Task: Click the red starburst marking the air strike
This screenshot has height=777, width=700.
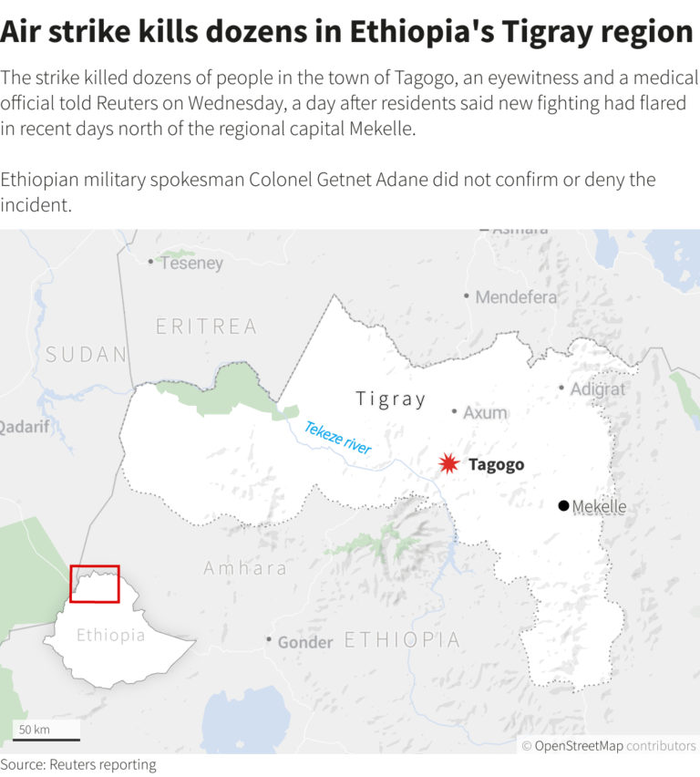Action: [448, 463]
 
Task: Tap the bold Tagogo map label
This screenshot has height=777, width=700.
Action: [496, 465]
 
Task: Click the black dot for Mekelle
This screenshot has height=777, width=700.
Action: [563, 506]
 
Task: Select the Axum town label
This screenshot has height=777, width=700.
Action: [484, 412]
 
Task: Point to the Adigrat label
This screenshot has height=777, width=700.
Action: [598, 388]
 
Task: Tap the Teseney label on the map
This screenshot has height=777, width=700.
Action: [191, 263]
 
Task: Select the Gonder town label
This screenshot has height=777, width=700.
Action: [304, 642]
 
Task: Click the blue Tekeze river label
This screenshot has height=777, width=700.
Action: [337, 439]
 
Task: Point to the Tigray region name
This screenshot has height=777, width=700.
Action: [391, 399]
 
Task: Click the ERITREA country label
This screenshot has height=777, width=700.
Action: [206, 326]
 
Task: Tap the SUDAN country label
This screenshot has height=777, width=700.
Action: [86, 354]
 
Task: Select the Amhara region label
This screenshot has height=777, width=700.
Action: [244, 568]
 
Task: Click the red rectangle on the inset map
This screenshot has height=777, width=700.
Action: [95, 584]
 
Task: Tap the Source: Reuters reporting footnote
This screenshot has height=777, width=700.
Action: [78, 764]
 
